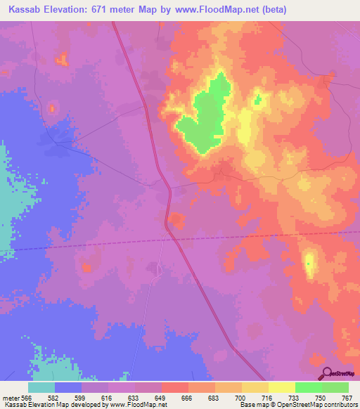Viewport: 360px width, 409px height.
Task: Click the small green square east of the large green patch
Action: tap(257, 100)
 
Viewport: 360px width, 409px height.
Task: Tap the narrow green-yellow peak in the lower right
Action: tap(309, 264)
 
